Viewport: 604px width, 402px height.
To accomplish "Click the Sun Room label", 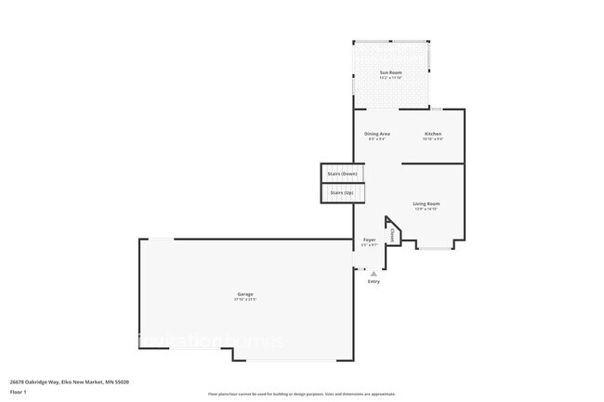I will (389, 72).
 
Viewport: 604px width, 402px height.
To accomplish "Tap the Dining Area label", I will (376, 134).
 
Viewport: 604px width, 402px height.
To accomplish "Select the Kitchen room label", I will (433, 134).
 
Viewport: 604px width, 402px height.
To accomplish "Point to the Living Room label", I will (427, 203).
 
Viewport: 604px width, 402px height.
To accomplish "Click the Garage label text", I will (244, 294).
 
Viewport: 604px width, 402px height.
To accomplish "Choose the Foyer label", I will (369, 240).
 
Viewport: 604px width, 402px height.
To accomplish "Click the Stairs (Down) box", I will (342, 174).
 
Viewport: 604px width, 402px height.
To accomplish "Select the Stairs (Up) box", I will (342, 192).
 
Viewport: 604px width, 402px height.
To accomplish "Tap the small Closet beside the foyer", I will (392, 235).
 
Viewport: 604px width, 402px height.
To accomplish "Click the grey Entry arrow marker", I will (374, 274).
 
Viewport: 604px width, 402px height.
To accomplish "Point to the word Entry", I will (374, 281).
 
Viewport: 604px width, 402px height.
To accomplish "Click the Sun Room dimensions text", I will (389, 78).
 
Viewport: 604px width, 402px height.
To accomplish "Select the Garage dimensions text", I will (244, 300).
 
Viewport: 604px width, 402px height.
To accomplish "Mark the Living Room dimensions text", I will (427, 209).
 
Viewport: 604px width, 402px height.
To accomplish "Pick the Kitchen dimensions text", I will (433, 139).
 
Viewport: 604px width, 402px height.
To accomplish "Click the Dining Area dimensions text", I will (376, 139).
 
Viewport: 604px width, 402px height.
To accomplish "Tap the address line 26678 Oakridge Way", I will (69, 382).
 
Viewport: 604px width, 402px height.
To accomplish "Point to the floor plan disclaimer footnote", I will (301, 395).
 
